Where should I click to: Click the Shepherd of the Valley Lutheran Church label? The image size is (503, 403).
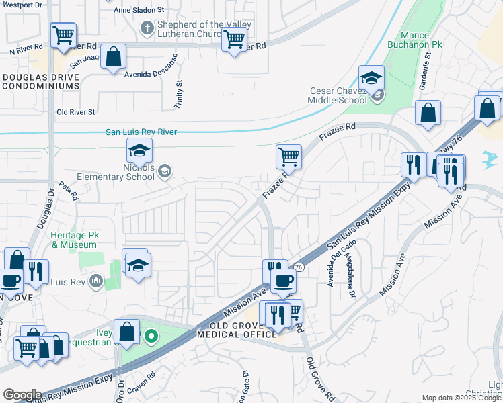click(x=203, y=30)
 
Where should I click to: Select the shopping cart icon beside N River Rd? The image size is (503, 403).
click(x=63, y=36)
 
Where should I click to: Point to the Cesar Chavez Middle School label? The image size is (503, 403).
click(x=338, y=95)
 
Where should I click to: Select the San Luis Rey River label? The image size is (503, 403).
click(x=141, y=132)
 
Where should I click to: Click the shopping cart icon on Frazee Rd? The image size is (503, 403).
click(x=288, y=157)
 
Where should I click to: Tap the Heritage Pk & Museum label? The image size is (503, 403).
click(x=78, y=240)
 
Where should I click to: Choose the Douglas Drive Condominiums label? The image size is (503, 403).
click(x=40, y=81)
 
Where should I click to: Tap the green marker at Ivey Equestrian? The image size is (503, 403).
click(x=153, y=337)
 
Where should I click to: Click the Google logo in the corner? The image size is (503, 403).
click(x=22, y=395)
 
